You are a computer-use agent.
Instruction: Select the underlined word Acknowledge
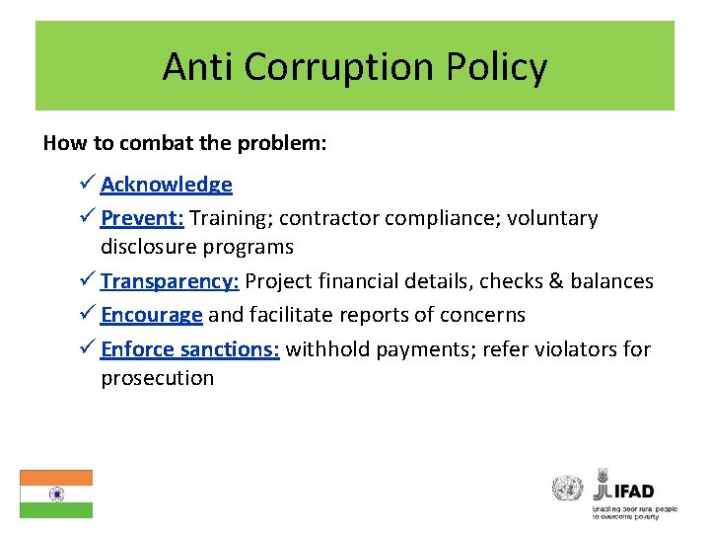coord(166,185)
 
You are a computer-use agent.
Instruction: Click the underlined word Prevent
coord(142,218)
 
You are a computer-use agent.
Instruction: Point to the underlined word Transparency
coord(170,281)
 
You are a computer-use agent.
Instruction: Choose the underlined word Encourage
coord(152,315)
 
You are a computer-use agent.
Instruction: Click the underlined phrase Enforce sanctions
coord(190,348)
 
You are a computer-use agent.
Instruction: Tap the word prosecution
coord(157,378)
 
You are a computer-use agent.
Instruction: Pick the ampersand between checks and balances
coord(551,281)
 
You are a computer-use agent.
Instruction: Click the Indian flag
coord(56,494)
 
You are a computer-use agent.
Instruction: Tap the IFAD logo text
coord(631,491)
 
